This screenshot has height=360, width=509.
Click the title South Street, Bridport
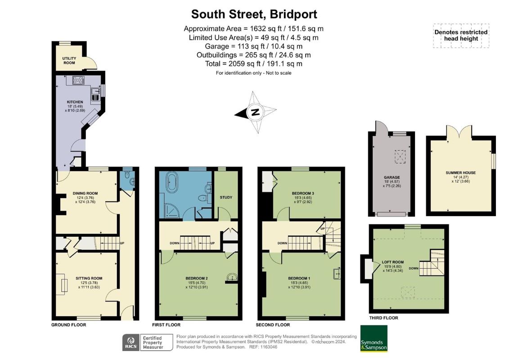click(x=254, y=14)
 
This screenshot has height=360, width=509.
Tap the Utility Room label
click(x=69, y=61)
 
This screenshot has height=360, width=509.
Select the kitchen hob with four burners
click(x=79, y=80)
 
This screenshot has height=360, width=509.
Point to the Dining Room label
click(x=85, y=193)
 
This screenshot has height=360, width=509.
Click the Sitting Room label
click(x=89, y=278)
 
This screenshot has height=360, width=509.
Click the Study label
click(x=226, y=198)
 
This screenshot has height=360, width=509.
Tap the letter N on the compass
click(x=255, y=112)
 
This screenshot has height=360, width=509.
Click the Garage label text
click(x=392, y=178)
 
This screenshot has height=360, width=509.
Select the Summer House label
click(x=461, y=173)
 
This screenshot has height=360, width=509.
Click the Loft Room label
click(x=393, y=262)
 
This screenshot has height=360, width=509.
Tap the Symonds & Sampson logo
click(x=374, y=338)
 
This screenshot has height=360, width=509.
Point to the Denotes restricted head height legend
click(x=461, y=36)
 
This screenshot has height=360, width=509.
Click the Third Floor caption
click(x=383, y=318)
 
